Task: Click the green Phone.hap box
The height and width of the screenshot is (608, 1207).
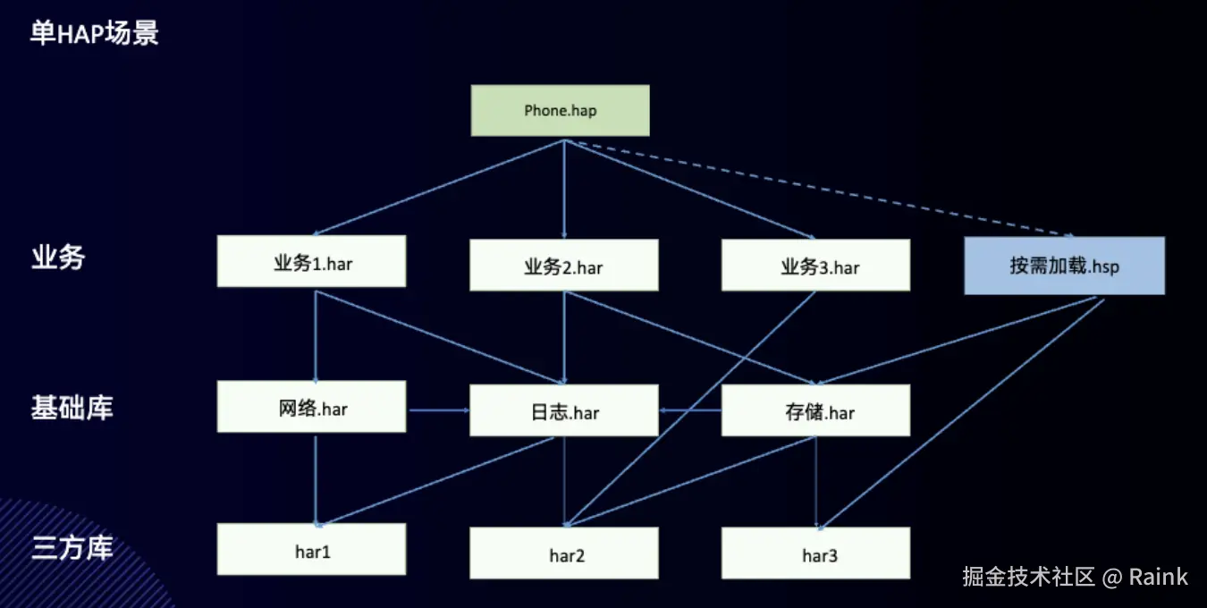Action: click(560, 111)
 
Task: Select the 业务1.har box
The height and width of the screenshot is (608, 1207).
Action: click(311, 261)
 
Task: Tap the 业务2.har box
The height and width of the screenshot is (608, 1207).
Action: click(564, 266)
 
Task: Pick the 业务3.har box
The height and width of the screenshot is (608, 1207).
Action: click(815, 266)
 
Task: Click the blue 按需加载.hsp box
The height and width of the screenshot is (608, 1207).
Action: click(1064, 266)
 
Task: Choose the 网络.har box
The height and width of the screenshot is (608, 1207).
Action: click(311, 407)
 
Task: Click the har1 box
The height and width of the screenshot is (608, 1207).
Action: click(311, 549)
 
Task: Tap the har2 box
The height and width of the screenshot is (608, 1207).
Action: click(564, 553)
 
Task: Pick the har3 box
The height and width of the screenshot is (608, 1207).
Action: click(815, 553)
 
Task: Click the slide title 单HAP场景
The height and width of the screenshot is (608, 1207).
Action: click(94, 34)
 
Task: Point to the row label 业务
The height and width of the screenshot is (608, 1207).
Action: click(58, 258)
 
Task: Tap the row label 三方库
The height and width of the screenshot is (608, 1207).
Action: click(72, 547)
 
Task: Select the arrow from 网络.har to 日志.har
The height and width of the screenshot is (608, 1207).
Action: click(438, 410)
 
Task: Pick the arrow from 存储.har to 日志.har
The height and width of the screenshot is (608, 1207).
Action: click(690, 410)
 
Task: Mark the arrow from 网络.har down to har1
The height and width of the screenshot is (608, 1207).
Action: click(316, 478)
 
